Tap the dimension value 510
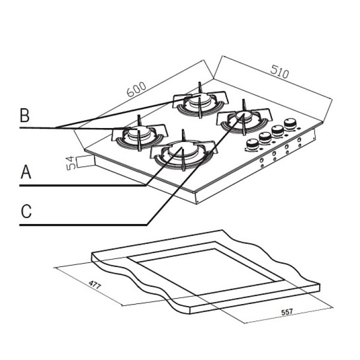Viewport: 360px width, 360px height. [x=279, y=73]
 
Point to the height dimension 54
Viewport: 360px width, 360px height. [x=70, y=163]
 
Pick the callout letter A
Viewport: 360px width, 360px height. [x=25, y=173]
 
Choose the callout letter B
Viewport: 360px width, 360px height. [x=24, y=116]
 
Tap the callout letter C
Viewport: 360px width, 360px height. [x=26, y=211]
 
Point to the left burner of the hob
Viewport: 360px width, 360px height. [x=137, y=134]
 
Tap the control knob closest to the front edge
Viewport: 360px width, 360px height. [x=253, y=144]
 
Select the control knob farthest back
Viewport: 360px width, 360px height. [x=289, y=123]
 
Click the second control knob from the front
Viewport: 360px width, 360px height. [x=265, y=137]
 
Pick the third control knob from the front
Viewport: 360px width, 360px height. [x=277, y=130]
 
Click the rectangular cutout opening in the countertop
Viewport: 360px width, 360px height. [x=205, y=271]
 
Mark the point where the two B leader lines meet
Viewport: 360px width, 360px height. [x=56, y=127]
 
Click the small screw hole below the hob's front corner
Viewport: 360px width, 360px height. [x=198, y=201]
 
